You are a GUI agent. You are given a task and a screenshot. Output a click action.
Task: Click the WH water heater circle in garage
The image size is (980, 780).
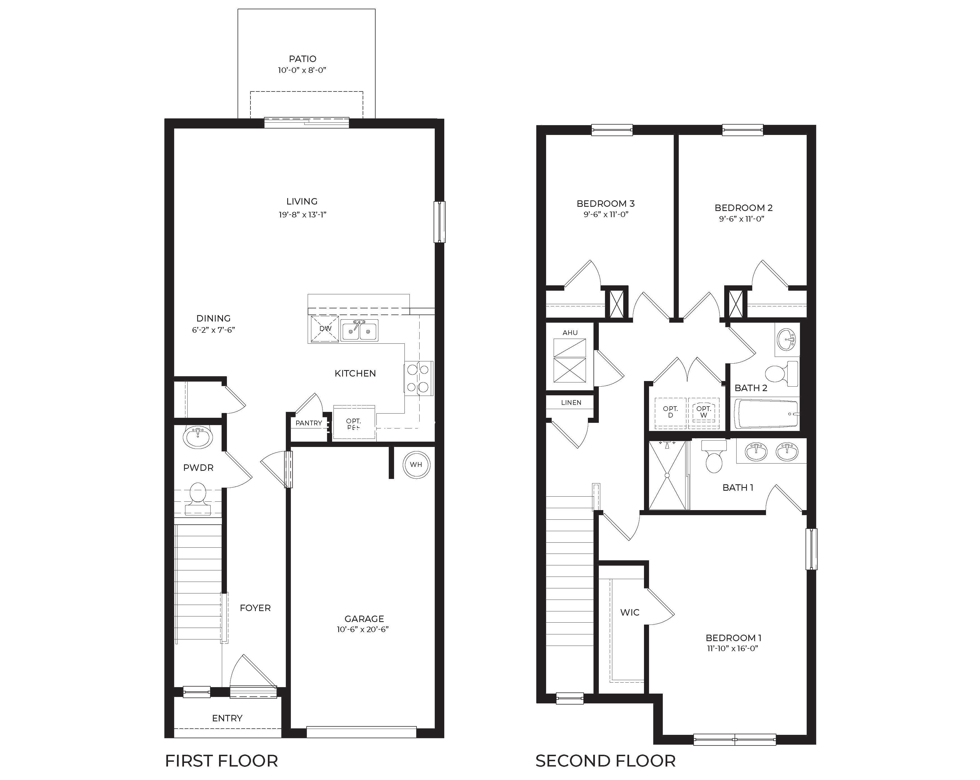(x=416, y=464)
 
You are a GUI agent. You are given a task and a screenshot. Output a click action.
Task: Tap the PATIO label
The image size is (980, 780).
(x=302, y=59)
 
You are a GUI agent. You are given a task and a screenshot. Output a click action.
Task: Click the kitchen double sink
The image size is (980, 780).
(x=359, y=331)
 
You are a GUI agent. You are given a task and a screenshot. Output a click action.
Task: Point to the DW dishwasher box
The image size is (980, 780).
(x=325, y=328)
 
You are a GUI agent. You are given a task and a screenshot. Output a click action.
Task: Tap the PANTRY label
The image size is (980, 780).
(x=309, y=423)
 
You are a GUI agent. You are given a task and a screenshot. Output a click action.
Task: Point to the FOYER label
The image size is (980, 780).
(x=255, y=608)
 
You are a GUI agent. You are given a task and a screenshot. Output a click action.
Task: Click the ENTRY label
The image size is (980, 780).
(x=227, y=718)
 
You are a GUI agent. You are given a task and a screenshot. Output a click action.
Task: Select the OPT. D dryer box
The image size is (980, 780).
(x=670, y=412)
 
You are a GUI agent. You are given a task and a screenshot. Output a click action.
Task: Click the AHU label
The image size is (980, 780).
(x=570, y=332)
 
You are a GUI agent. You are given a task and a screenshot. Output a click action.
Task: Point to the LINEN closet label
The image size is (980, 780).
(x=571, y=403)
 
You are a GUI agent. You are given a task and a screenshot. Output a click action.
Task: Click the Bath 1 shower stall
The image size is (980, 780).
(x=667, y=475)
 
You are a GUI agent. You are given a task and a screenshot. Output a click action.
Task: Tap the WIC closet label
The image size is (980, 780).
(x=630, y=612)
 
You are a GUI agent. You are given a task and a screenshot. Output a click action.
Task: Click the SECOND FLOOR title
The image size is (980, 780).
(x=605, y=761)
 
